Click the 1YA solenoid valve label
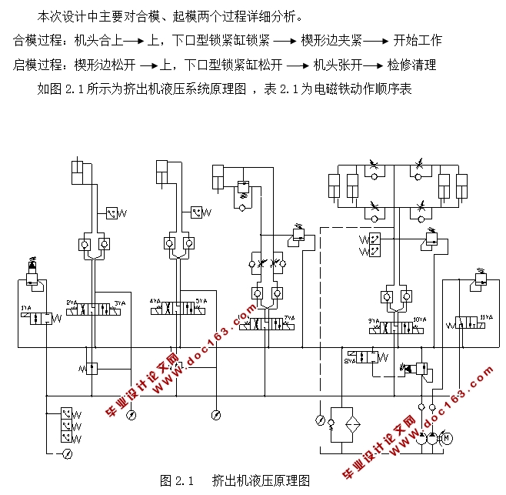[25, 309]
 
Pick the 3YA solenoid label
[120, 302]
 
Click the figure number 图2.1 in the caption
[175, 480]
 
